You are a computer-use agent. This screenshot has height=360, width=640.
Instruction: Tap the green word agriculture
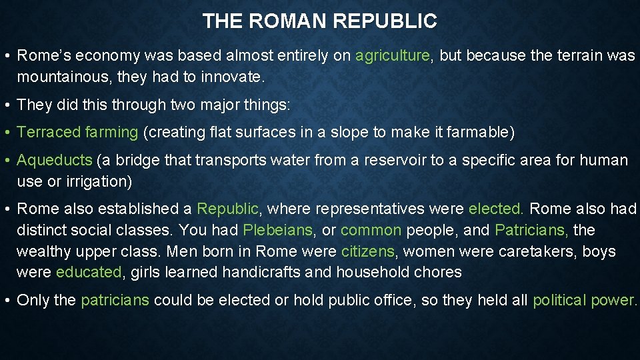[x=393, y=56]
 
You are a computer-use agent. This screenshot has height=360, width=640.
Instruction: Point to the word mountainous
[x=63, y=77]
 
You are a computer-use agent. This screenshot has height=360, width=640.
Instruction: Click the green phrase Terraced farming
[x=77, y=133]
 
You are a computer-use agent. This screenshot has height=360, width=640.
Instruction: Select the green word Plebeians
[x=277, y=231]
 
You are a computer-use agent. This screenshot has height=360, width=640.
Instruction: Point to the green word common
[x=371, y=231]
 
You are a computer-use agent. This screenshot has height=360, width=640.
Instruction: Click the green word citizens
[x=368, y=252]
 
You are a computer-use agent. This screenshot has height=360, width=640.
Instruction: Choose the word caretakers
[x=537, y=252]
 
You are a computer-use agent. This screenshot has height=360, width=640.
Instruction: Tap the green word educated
[x=89, y=273]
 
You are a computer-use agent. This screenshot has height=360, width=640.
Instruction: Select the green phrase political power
[x=583, y=301]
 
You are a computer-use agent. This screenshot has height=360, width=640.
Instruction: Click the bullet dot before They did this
[x=7, y=105]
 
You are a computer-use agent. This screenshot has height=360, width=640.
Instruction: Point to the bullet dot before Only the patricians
[x=7, y=301]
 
